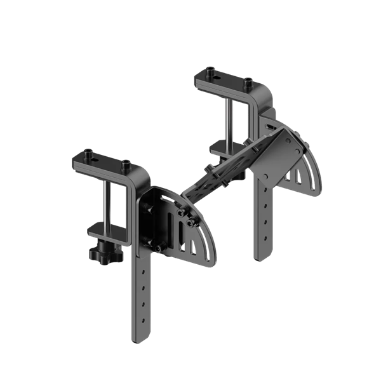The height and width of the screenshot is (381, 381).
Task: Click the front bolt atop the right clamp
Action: coord(248,82)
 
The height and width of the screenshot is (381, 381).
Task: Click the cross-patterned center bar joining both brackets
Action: coord(222,168)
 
